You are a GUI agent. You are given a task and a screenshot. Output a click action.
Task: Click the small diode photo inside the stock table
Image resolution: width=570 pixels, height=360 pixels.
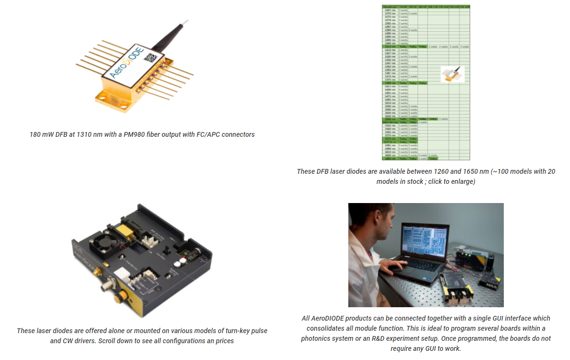(x=452, y=73)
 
